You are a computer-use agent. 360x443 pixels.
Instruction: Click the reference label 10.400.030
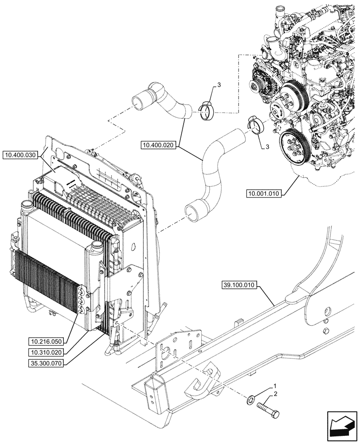(x=21, y=155)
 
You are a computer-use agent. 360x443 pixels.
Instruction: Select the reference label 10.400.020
(x=159, y=144)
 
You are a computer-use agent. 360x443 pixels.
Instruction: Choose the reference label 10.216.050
(x=46, y=342)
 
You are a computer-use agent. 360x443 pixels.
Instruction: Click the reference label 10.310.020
(x=46, y=352)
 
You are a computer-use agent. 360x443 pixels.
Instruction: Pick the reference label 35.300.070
(x=46, y=363)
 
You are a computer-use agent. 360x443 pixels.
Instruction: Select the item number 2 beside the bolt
(x=275, y=394)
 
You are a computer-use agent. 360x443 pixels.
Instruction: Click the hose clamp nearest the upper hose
(x=207, y=110)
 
